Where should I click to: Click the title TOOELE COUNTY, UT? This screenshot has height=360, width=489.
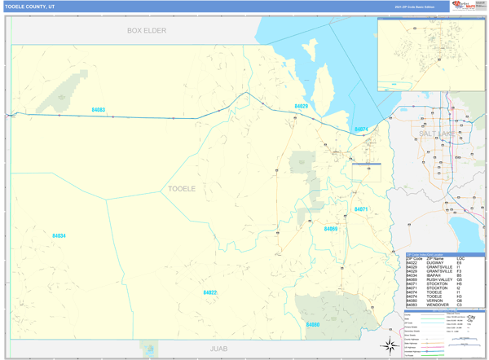(x=30, y=6)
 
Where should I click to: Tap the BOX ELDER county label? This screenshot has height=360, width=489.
(x=147, y=31)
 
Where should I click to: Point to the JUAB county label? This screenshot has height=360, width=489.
(x=219, y=348)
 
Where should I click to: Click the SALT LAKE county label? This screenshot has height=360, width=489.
(x=437, y=133)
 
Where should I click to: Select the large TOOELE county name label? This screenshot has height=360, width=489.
(x=182, y=188)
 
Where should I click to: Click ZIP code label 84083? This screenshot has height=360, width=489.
(x=98, y=110)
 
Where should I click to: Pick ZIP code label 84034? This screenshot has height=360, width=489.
(x=59, y=235)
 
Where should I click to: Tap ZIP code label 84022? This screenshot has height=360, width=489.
(x=209, y=292)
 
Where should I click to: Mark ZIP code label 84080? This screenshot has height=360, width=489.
(x=313, y=324)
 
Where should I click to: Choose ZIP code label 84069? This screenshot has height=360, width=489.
(x=330, y=229)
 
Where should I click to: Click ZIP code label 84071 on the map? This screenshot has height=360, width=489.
(x=360, y=209)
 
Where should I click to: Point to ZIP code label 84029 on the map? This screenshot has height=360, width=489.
(x=301, y=107)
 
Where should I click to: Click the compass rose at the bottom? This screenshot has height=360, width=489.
(x=389, y=346)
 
